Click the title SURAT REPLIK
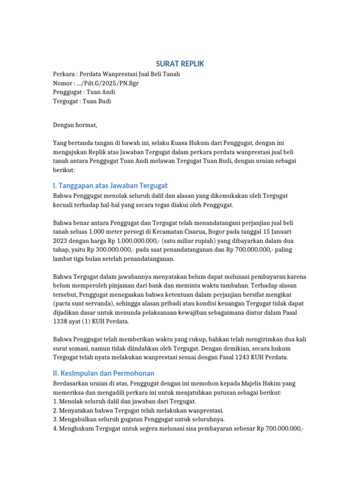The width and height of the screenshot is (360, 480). [180, 64]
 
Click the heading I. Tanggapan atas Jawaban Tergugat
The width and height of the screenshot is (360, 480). [110, 186]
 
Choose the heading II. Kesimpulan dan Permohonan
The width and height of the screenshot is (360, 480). [104, 373]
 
